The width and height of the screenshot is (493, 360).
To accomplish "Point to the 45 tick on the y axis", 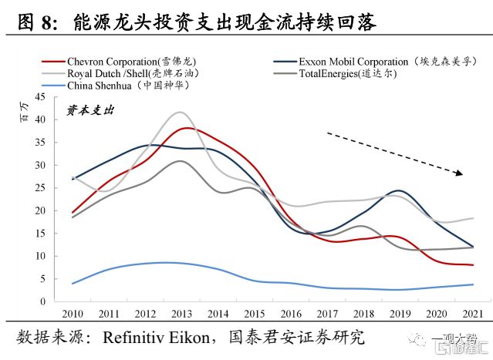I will click(40, 97).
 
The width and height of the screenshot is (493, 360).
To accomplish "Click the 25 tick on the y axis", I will click(40, 188).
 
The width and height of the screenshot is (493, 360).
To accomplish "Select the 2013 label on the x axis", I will click(181, 313).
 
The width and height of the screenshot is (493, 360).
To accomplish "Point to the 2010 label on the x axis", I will click(72, 313).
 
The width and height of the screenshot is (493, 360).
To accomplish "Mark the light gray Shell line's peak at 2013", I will click(179, 113).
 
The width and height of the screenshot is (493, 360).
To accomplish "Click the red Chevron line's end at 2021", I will click(472, 265).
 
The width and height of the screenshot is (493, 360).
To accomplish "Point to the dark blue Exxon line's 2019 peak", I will click(397, 190).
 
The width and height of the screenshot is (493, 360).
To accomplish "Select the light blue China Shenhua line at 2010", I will click(73, 284).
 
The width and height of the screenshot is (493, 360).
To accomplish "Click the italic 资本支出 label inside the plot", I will click(89, 112).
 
